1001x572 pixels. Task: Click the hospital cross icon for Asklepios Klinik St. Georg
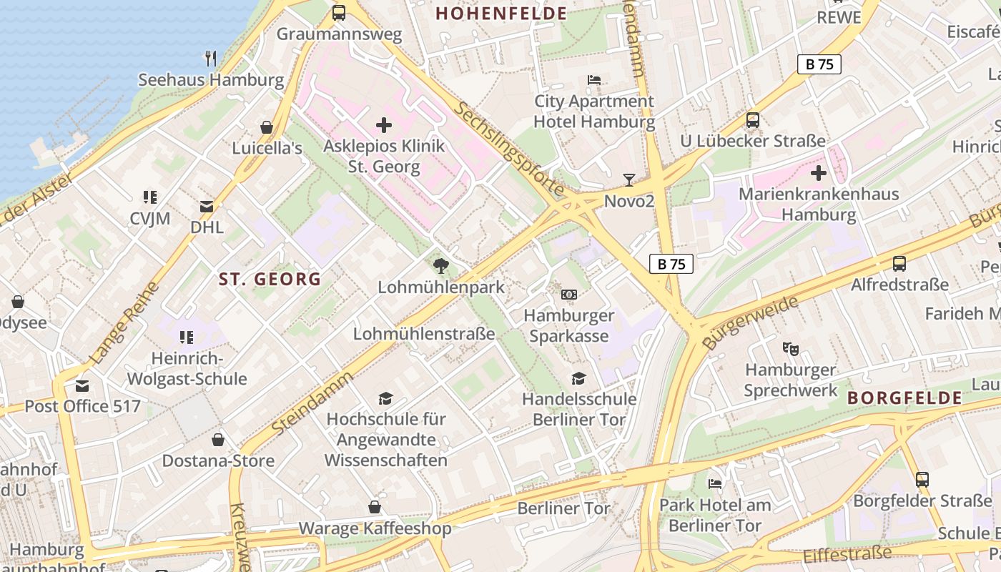tap(384, 126)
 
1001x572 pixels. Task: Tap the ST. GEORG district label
tap(270, 279)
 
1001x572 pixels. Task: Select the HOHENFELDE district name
tap(501, 14)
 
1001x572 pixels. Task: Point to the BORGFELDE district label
tap(904, 398)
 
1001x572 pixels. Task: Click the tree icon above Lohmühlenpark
tap(441, 266)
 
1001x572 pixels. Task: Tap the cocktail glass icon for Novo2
tap(629, 180)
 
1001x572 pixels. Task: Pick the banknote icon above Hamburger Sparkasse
tap(569, 294)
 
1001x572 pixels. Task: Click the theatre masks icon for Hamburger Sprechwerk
tap(790, 349)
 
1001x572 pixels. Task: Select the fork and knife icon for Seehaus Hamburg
tap(211, 59)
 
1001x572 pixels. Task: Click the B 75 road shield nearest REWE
tap(819, 64)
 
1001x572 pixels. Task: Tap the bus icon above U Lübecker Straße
tap(753, 120)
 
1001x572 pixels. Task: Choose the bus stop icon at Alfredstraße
tap(899, 264)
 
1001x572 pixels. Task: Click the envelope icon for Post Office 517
tap(82, 386)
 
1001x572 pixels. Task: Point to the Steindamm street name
tap(313, 403)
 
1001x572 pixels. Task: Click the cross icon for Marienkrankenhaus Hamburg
tap(819, 173)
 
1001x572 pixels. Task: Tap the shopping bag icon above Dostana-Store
tap(218, 440)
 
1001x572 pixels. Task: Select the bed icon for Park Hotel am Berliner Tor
tap(715, 484)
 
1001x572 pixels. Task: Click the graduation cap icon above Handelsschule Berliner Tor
tap(579, 378)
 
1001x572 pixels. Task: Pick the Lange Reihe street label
tap(124, 322)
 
